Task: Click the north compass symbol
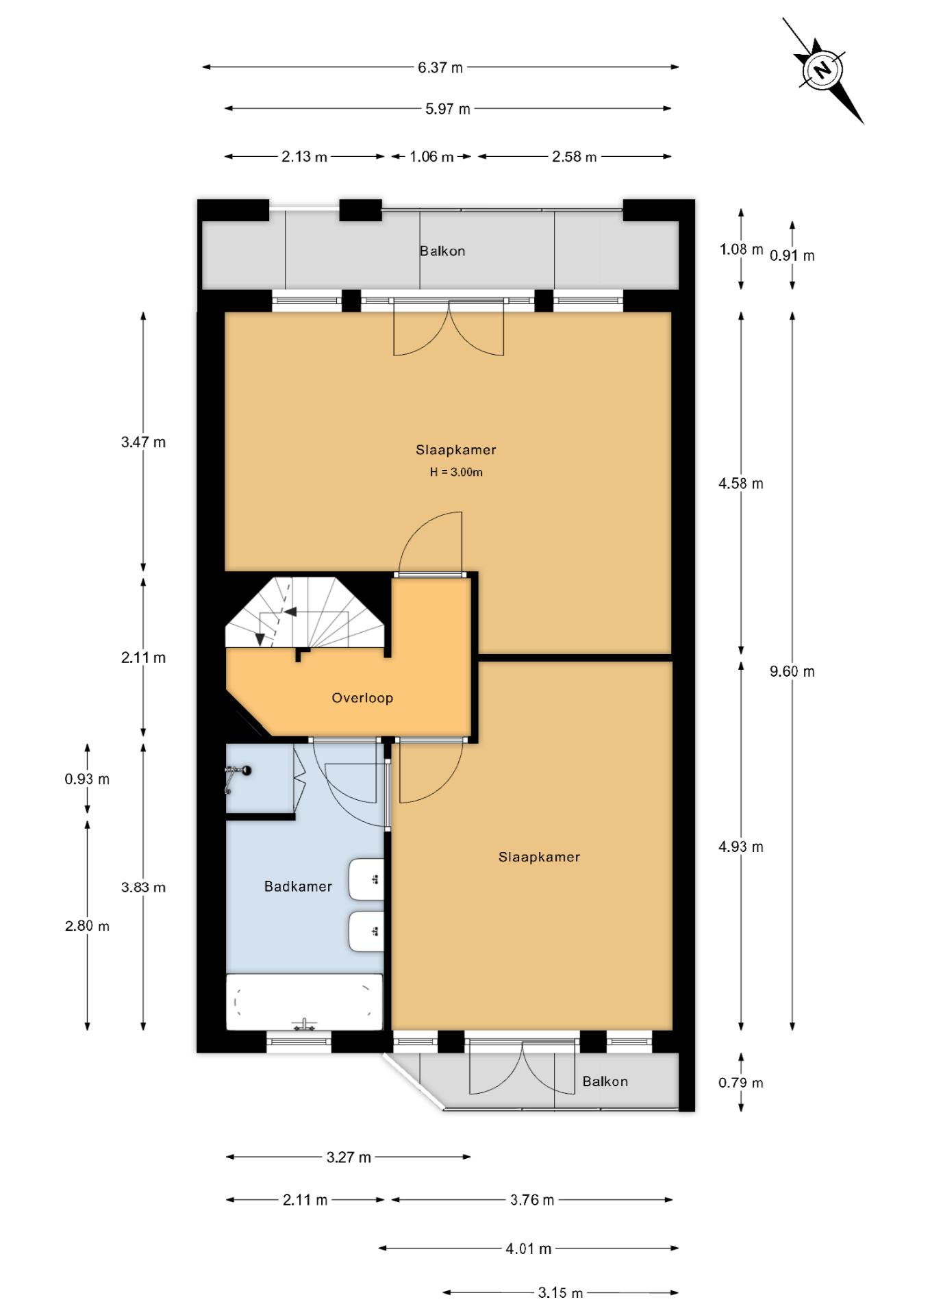(x=822, y=69)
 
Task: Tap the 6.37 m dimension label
(x=440, y=67)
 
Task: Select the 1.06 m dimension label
(x=431, y=156)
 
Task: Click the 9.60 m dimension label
(x=792, y=671)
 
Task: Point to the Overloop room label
(x=362, y=698)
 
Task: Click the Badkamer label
(x=298, y=886)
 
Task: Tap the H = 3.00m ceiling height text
(x=456, y=472)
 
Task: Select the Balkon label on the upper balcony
(x=442, y=251)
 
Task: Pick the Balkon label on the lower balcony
(x=605, y=1081)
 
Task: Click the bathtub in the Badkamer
(x=305, y=1002)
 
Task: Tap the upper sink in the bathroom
(x=366, y=879)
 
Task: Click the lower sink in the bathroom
(x=366, y=931)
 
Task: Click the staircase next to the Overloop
(x=305, y=613)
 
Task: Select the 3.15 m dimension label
(x=560, y=1292)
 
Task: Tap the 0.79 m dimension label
(x=740, y=1083)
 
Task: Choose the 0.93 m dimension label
(x=87, y=779)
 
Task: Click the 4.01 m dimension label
(x=528, y=1249)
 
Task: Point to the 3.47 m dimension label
(x=143, y=442)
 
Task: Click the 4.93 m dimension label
(x=740, y=847)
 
